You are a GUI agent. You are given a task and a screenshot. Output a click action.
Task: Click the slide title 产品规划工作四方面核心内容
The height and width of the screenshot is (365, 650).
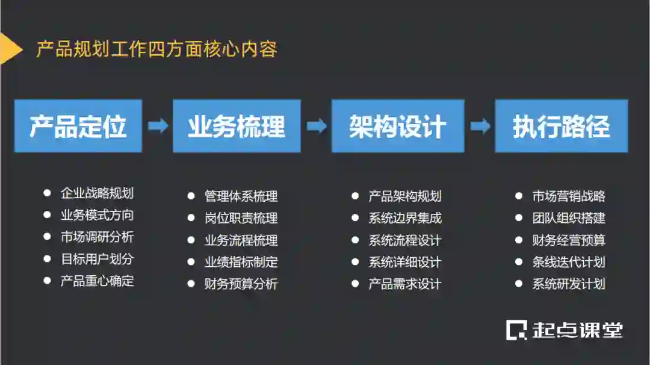156,49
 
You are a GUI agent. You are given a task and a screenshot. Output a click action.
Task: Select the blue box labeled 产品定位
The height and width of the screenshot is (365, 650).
78,126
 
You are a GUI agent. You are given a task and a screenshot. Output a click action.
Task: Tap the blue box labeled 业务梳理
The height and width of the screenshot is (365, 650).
237,126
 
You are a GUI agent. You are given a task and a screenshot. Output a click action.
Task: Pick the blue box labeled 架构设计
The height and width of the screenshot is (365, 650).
398,126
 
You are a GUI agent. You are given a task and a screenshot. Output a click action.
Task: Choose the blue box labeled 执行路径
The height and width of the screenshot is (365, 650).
561,126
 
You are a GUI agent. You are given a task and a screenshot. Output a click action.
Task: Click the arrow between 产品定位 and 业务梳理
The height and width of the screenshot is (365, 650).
158,126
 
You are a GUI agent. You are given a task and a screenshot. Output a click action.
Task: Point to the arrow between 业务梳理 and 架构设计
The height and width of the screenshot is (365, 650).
317,126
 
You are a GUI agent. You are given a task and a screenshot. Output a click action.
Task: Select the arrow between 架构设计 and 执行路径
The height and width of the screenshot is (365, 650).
480,126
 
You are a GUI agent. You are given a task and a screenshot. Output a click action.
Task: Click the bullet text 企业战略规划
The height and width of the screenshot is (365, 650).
97,193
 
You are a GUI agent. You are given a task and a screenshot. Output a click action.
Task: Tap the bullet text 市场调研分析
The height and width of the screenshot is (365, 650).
97,237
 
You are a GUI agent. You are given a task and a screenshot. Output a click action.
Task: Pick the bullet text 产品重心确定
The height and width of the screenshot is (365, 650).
97,281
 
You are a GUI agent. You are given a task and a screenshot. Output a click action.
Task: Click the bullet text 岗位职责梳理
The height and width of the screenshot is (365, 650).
241,218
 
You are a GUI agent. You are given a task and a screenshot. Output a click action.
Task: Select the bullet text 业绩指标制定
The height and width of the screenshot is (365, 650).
241,262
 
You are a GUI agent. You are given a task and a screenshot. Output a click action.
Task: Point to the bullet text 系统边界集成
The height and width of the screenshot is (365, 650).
405,218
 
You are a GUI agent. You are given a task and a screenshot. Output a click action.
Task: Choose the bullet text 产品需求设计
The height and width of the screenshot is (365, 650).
405,284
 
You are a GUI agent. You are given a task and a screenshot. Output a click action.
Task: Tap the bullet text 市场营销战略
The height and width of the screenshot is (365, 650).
569,196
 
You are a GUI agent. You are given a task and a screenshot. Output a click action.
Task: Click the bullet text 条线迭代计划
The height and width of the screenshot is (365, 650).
569,262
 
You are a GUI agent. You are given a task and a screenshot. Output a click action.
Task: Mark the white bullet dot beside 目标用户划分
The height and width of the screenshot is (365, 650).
47,259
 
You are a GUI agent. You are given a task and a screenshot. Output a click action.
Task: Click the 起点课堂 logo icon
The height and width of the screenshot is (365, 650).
516,329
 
